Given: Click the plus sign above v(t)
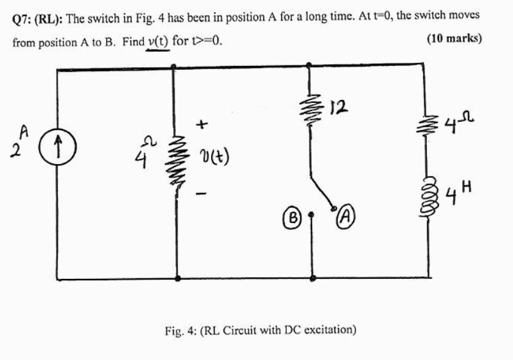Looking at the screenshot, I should click(202, 125).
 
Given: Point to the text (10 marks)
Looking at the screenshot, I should click(453, 38).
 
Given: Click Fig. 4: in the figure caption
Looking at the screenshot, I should click(181, 329).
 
